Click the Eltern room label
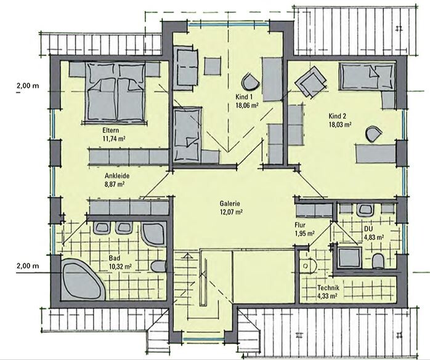tap(111, 130)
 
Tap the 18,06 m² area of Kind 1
tap(247, 105)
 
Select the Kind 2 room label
tap(338, 116)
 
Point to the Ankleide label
tap(117, 175)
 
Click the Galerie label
tap(230, 204)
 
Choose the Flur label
tap(300, 225)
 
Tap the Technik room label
tap(328, 288)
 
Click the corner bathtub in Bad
tap(83, 279)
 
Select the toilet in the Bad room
tap(159, 266)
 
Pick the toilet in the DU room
tap(378, 260)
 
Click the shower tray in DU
tap(349, 257)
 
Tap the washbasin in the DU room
tap(365, 210)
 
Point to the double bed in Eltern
tap(116, 92)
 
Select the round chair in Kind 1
tap(250, 81)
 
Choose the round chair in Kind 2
tap(373, 134)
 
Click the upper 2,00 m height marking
tap(28, 86)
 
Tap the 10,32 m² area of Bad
tap(120, 266)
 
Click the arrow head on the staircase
tap(187, 256)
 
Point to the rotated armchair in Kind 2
tap(310, 81)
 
